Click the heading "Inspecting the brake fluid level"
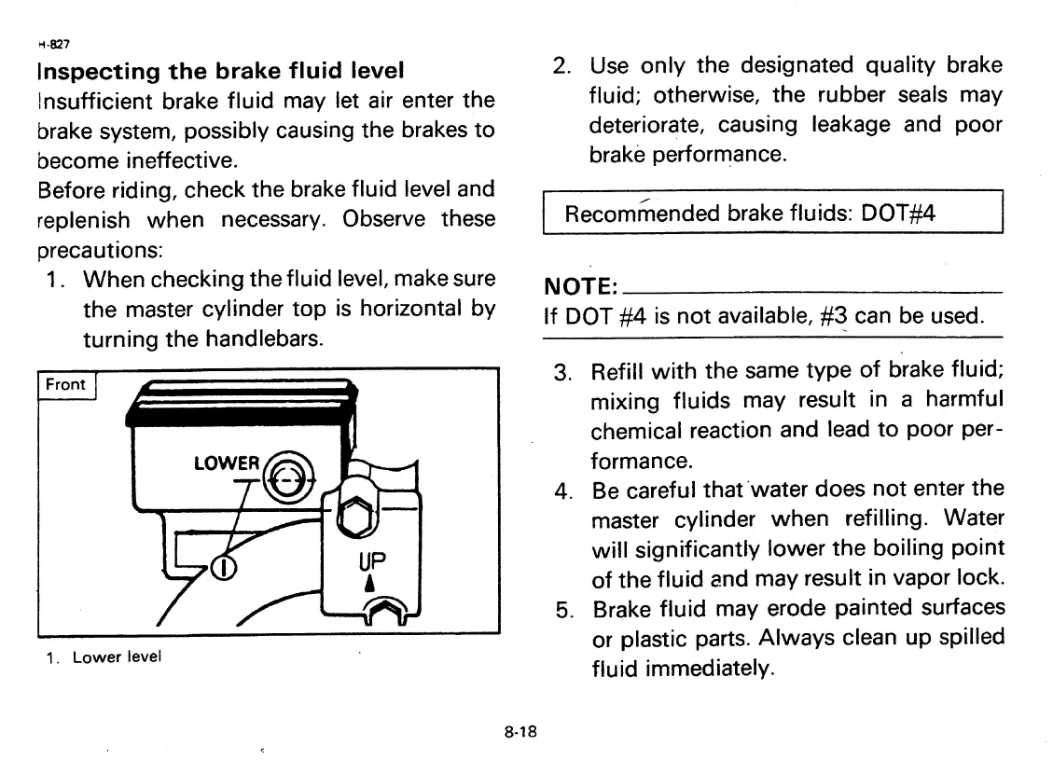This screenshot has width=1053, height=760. (220, 71)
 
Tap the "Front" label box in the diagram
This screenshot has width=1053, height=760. (65, 384)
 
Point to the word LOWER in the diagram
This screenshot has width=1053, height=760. (226, 463)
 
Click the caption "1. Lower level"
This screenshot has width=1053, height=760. (104, 656)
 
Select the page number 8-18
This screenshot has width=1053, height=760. (520, 732)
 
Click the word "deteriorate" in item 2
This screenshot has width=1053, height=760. (644, 125)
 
